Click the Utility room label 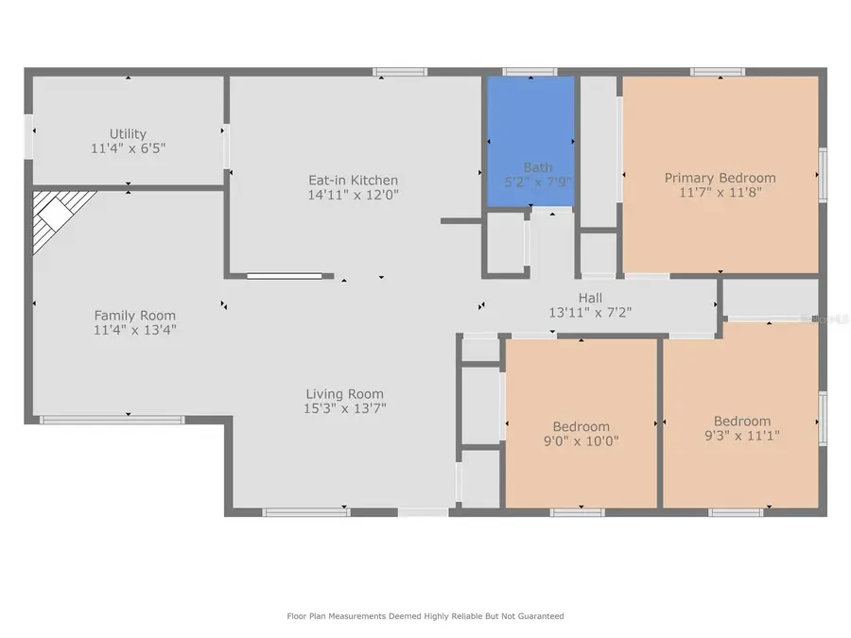[x=128, y=134]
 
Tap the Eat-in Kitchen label [x=353, y=181]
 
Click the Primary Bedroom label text [x=720, y=178]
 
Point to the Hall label [x=590, y=298]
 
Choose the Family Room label [x=134, y=316]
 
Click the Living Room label [x=344, y=394]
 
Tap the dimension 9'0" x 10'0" [x=581, y=440]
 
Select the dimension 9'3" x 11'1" [x=741, y=436]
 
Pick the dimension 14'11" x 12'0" [x=353, y=195]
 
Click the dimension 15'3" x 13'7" [x=344, y=408]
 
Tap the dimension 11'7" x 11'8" [x=720, y=192]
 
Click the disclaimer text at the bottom [x=425, y=616]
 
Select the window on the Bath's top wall [x=530, y=72]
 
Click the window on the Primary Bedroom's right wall [x=823, y=175]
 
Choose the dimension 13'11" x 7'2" [x=590, y=312]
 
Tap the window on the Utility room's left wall [x=29, y=137]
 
